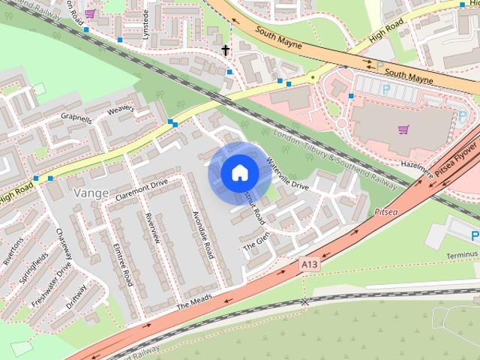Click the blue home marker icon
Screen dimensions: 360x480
tap(238, 173)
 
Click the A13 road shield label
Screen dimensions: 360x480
tap(309, 264)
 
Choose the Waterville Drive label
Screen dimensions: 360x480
tap(286, 175)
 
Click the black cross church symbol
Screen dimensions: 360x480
tap(225, 50)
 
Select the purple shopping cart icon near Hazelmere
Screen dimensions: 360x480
tap(403, 129)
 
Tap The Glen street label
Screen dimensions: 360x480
tap(256, 241)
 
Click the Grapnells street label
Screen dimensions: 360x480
tap(76, 118)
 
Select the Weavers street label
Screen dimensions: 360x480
tap(121, 110)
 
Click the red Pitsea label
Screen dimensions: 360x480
tap(388, 212)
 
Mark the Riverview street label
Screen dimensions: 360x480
tap(152, 227)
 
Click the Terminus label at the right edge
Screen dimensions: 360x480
tap(460, 255)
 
